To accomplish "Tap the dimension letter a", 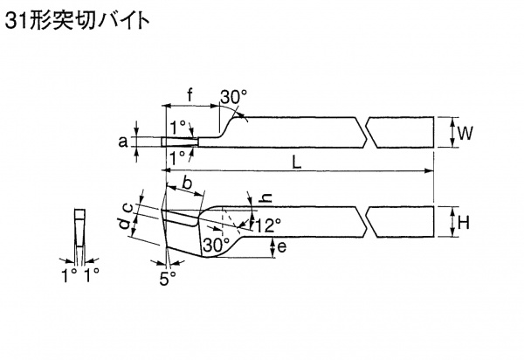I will click(124, 140).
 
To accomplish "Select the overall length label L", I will click(296, 162).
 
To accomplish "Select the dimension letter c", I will click(128, 206).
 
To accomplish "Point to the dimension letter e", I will click(280, 247).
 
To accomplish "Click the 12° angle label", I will click(267, 225).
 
